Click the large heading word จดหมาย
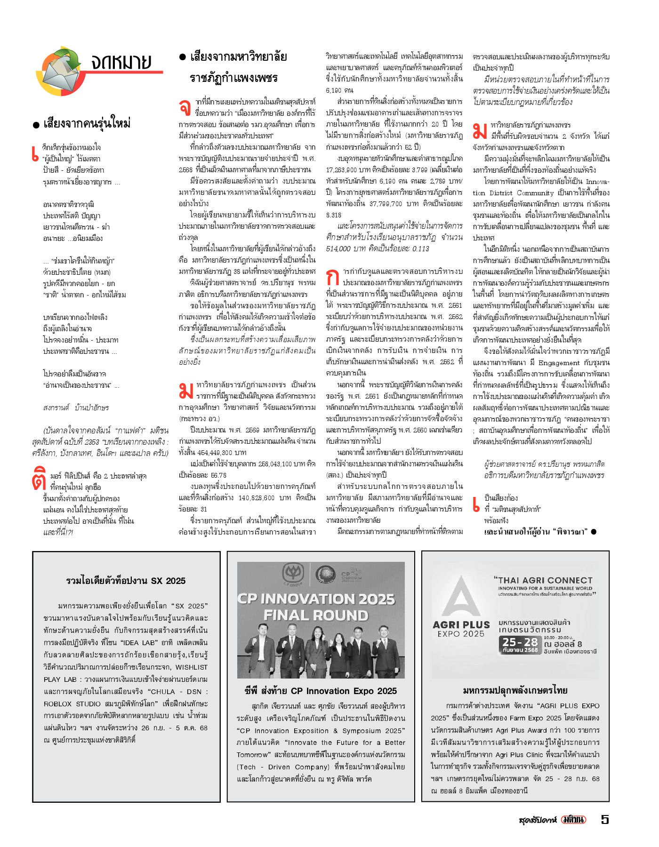(121, 62)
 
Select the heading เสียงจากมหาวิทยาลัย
(238, 57)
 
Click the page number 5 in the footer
(605, 819)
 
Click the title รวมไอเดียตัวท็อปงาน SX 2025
(126, 581)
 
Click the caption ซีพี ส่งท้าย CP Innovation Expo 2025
(321, 691)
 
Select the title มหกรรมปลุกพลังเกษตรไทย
(515, 690)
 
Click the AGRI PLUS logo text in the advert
(461, 625)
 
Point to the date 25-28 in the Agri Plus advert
(520, 642)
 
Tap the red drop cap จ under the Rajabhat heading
(185, 107)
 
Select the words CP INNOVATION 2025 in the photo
(316, 599)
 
